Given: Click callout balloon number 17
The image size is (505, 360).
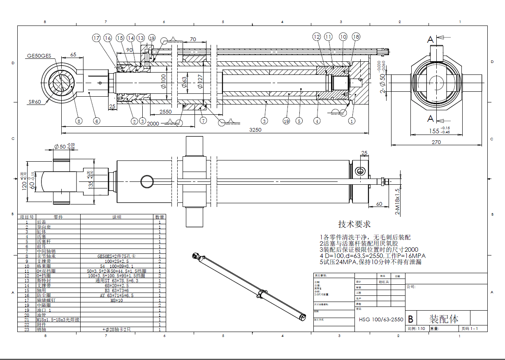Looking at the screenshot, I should (96, 38).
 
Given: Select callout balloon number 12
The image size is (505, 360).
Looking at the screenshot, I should (316, 37).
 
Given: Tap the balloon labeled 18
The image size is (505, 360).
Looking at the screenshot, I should (356, 37).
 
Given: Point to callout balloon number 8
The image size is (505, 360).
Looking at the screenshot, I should (79, 121).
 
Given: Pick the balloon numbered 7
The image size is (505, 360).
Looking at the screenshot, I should (203, 121).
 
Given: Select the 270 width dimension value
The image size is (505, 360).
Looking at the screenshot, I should (436, 142).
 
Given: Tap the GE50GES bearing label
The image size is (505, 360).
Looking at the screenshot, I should (39, 56).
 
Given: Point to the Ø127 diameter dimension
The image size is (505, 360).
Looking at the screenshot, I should (200, 82).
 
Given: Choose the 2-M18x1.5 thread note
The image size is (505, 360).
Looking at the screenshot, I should (398, 202).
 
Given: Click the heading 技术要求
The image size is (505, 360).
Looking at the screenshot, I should (354, 224).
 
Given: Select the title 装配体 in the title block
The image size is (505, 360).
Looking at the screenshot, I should (444, 319).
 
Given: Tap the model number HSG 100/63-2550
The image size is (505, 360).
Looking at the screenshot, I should (381, 319).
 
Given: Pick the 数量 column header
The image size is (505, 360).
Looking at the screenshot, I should (160, 217).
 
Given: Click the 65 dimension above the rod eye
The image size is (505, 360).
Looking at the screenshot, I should (73, 54).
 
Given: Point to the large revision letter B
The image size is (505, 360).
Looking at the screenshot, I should (410, 319).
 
